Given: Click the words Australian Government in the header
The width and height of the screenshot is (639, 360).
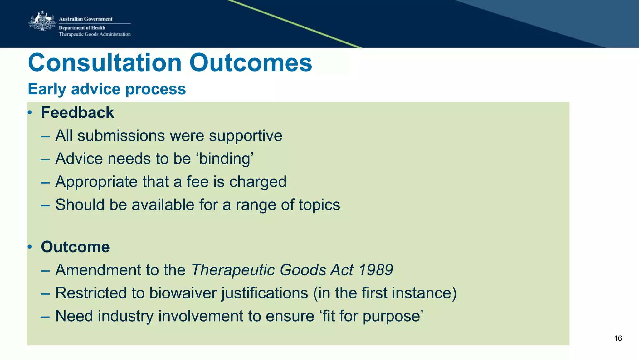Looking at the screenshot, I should [85, 19].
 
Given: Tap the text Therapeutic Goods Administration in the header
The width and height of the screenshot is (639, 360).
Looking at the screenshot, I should [95, 34].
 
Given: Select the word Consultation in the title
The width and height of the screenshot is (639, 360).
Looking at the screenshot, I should [105, 63].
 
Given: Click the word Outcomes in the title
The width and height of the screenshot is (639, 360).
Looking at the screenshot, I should [251, 63].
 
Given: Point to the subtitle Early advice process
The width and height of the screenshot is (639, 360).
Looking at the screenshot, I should [107, 89].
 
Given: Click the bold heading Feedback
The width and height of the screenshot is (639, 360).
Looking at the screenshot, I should [77, 113].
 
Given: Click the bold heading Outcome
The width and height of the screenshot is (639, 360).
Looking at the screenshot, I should [75, 247].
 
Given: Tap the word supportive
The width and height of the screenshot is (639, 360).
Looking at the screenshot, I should [246, 136].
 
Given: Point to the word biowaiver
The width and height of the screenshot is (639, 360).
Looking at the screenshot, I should [183, 293].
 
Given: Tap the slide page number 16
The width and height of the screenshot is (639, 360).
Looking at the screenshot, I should [618, 338].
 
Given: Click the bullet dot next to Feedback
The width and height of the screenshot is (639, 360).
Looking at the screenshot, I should [30, 113].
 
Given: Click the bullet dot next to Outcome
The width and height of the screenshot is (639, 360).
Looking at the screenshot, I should [30, 247].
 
